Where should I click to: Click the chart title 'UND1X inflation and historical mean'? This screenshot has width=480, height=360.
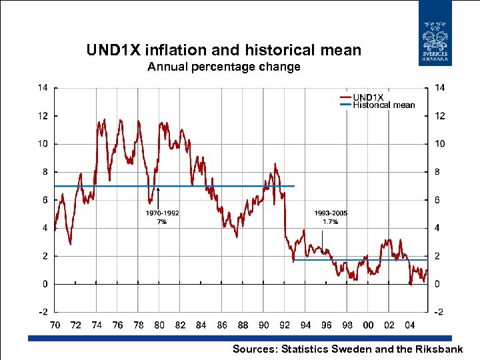[224, 50]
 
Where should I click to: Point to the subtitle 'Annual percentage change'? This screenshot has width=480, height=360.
[224, 67]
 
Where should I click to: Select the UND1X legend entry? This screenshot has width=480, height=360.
[373, 97]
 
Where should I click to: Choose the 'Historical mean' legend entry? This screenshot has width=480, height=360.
[383, 105]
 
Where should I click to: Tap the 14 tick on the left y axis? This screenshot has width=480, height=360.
[42, 87]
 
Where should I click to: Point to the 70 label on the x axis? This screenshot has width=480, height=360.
[55, 325]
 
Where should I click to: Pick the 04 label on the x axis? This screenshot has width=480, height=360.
[410, 325]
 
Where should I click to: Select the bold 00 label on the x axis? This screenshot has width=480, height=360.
[368, 325]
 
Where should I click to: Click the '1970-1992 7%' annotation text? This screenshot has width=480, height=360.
[162, 218]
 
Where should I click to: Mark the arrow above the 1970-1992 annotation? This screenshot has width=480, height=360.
[159, 198]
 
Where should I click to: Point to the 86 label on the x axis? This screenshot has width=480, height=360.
[222, 325]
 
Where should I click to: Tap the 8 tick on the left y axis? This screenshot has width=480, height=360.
[45, 171]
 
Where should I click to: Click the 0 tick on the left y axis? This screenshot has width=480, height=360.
[45, 284]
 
